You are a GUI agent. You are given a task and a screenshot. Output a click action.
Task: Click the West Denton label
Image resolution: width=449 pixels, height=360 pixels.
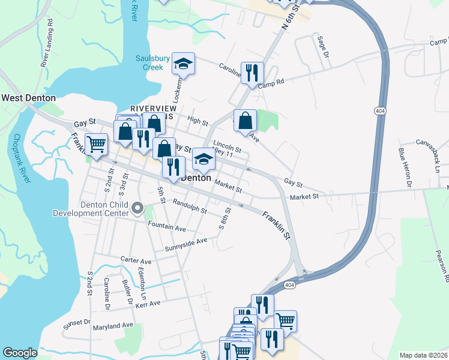coord(28,98)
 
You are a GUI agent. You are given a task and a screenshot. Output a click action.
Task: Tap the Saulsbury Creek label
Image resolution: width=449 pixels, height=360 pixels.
coord(148,62)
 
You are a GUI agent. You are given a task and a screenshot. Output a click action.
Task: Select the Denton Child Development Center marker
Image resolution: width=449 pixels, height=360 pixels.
coord(137,209)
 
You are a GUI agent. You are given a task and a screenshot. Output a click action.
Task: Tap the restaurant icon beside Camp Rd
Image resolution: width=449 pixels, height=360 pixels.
coord(252,73)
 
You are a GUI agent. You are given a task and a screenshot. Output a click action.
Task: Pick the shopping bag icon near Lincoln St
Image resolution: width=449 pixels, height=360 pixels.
coord(245,120)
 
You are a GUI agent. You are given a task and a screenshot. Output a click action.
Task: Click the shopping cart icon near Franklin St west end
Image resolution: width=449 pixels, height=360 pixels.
coord(96,144)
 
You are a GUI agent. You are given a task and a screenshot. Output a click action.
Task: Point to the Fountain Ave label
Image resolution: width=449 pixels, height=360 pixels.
coord(166,227)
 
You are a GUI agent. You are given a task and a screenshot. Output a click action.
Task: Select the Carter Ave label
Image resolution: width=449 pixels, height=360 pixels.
coord(136,261)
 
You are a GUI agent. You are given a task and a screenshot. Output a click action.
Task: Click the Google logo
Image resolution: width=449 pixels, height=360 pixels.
coord(20,353)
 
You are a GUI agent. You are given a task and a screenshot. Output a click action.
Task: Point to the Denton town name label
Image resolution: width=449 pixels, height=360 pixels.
coord(196,178)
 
